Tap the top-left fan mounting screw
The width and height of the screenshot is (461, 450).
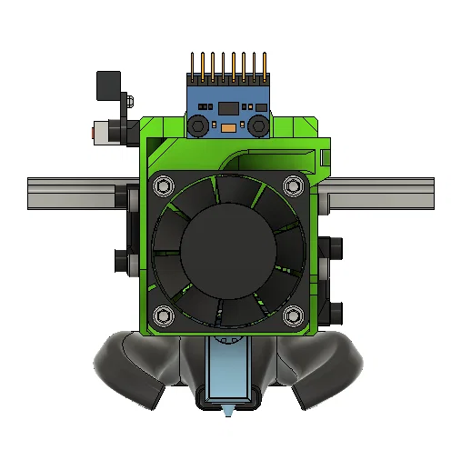[x=164, y=186]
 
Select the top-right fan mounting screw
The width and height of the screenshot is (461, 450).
[x=292, y=186]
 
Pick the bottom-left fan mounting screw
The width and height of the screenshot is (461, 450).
[x=164, y=315]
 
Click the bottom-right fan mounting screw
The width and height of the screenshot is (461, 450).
[x=292, y=315]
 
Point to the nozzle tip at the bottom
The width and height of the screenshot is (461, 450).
[x=228, y=412]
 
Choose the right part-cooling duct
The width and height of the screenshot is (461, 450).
[x=323, y=368]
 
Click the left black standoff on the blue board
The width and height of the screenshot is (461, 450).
[x=197, y=125]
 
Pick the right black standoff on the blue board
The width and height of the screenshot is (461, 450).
[x=259, y=125]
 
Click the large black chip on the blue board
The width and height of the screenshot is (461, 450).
[x=228, y=110]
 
